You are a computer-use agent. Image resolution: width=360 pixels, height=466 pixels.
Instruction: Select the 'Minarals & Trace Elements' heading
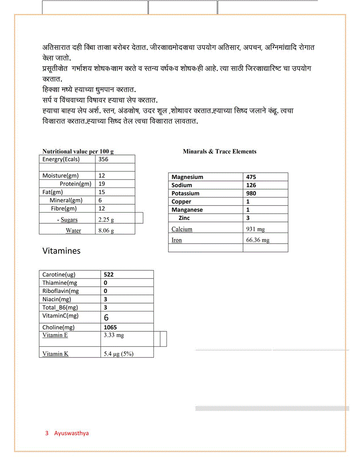point(219,151)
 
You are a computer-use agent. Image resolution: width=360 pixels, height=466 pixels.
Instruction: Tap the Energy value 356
point(103,159)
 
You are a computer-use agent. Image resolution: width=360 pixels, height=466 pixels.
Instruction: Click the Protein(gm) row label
point(75,184)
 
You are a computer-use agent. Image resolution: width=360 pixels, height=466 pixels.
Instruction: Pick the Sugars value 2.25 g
point(106,220)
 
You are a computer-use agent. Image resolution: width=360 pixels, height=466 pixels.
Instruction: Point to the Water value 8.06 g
point(106,230)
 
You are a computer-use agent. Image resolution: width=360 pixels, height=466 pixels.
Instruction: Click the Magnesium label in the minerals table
point(187,177)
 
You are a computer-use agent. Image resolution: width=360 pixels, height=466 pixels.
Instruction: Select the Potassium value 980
point(251,193)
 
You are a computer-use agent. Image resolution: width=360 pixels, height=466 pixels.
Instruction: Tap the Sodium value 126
point(251,185)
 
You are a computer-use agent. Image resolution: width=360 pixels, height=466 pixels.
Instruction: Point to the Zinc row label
point(184,218)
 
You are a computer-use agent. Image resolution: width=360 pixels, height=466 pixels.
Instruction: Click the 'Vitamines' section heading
point(61,251)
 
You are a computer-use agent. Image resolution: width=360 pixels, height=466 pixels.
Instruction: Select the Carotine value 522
point(109,274)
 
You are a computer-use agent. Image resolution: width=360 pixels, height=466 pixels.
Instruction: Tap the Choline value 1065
point(110,327)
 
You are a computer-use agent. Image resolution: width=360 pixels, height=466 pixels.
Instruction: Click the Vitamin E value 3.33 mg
point(113,335)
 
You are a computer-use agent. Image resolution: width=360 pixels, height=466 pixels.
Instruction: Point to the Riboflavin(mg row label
point(60,291)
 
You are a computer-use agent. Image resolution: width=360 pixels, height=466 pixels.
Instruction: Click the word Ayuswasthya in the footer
point(71,433)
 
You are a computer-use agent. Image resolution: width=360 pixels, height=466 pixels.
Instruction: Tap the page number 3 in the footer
point(46,433)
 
